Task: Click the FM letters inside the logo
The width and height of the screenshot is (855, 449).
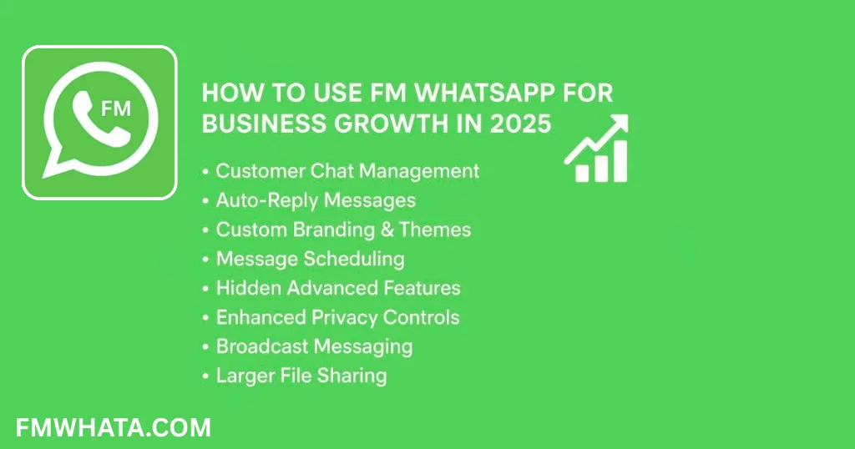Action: tap(116, 108)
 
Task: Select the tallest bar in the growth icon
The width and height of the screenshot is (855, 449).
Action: tap(620, 161)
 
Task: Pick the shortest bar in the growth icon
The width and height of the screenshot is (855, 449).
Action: tap(582, 173)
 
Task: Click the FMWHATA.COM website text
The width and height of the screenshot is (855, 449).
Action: tap(114, 428)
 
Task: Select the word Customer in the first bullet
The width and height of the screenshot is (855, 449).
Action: tap(261, 171)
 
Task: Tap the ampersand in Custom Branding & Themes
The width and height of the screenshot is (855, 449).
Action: tap(387, 230)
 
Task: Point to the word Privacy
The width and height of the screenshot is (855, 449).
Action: tap(344, 318)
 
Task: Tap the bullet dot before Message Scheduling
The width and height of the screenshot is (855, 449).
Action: tap(205, 260)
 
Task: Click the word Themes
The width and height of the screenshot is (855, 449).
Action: tap(435, 230)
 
